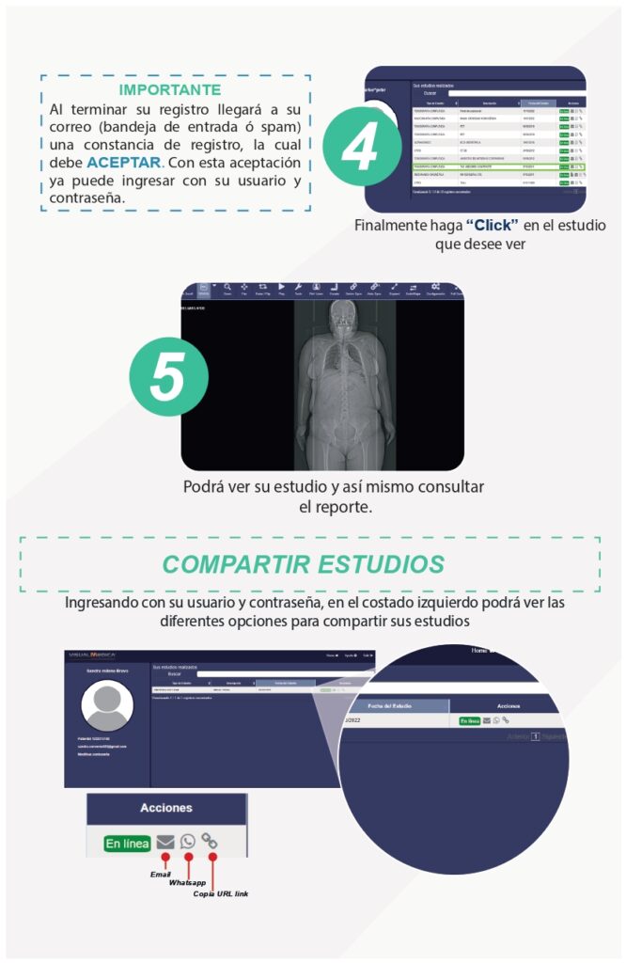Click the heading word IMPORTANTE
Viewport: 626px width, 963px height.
tap(170, 90)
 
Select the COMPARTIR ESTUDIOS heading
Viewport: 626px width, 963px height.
tap(303, 564)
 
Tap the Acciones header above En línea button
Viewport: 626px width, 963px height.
tap(166, 808)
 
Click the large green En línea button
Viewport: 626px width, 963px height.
tap(127, 844)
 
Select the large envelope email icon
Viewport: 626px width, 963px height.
tap(165, 843)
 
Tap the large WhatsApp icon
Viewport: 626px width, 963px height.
tap(188, 843)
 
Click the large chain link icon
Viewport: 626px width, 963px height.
tap(210, 842)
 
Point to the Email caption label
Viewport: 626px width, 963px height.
tap(161, 875)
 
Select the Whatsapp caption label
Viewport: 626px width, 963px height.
tap(187, 884)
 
